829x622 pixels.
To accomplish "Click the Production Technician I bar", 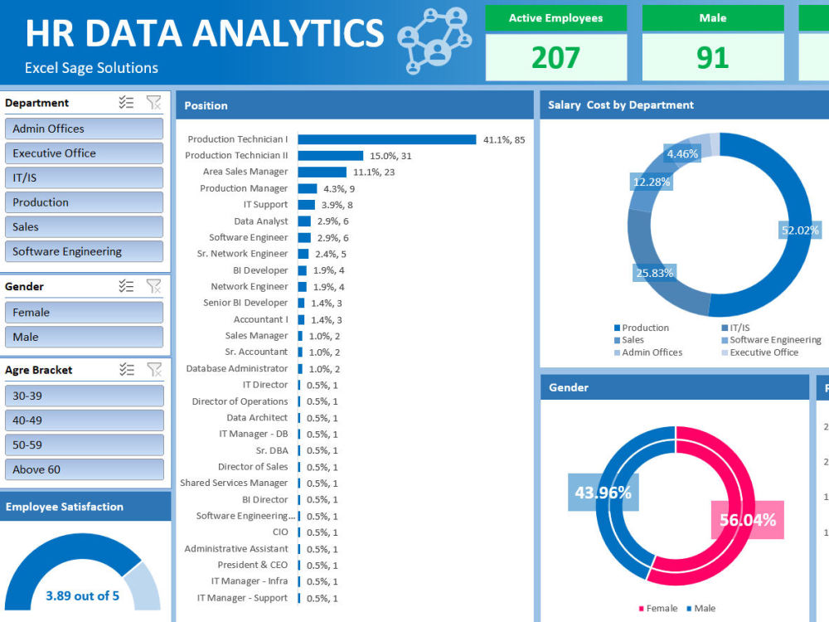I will point(386,139).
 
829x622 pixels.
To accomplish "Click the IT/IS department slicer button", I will point(84,177).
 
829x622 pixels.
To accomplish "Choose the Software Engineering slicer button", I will point(84,251).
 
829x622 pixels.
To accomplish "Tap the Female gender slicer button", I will point(84,313).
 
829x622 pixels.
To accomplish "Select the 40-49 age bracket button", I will point(84,420).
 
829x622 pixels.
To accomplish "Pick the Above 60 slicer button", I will point(84,469).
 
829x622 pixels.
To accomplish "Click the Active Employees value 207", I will point(555,57).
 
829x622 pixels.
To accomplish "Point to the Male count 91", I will point(712,57).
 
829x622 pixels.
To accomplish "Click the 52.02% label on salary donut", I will point(800,231).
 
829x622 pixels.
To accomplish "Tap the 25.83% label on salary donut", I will point(654,272).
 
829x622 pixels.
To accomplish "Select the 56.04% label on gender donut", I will point(748,520).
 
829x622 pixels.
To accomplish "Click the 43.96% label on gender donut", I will point(603,493).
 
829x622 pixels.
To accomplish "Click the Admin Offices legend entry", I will point(647,352).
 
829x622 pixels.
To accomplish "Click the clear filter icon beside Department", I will point(153,103).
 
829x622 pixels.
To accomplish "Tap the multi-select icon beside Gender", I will point(126,286).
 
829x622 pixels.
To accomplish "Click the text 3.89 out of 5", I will point(82,595).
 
